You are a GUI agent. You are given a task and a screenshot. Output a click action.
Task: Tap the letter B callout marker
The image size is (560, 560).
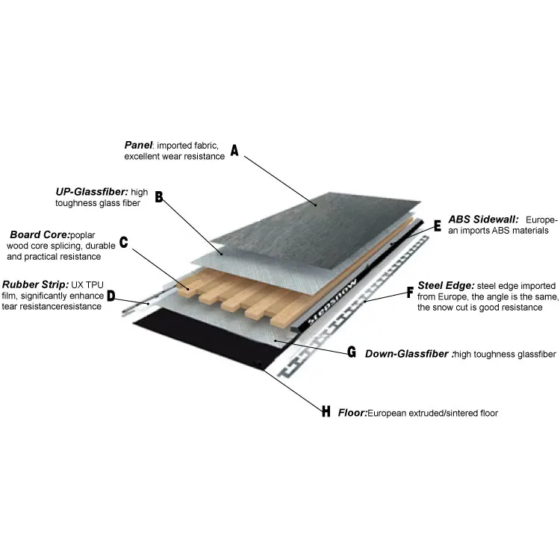(x=158, y=197)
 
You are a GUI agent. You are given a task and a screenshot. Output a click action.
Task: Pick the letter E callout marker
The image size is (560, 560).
(x=438, y=223)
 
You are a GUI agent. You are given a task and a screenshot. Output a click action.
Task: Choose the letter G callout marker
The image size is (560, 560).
(x=351, y=352)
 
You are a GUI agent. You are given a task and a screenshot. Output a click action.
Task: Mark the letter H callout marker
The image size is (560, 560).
(x=326, y=411)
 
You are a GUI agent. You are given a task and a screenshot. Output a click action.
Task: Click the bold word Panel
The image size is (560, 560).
(x=138, y=145)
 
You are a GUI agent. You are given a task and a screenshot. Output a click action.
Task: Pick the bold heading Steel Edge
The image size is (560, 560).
(x=446, y=284)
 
